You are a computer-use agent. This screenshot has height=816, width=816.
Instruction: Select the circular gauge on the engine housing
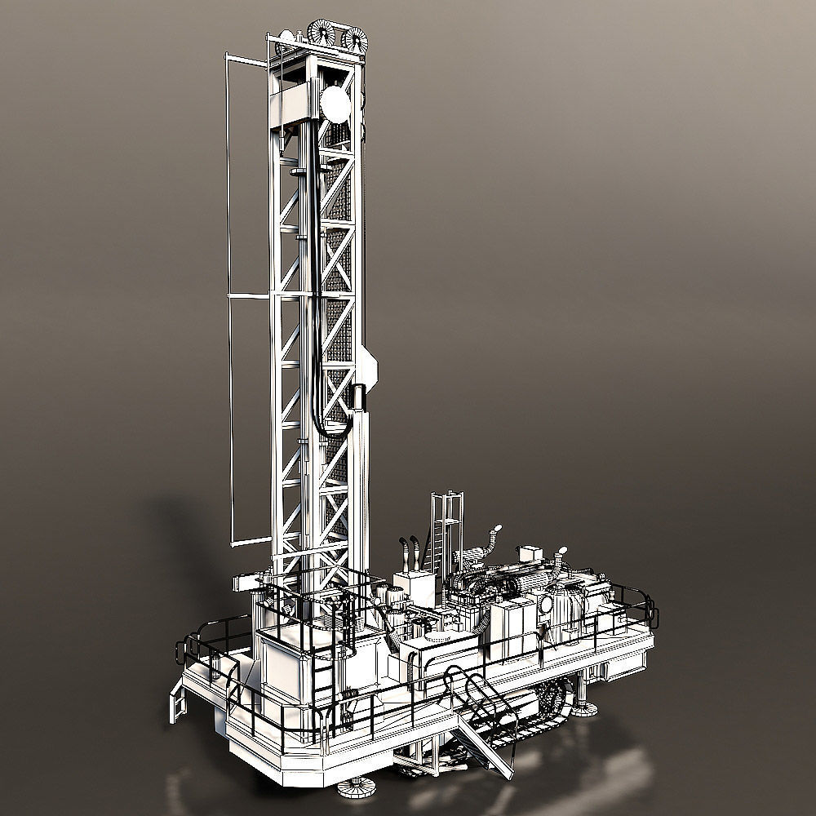pyautogui.click(x=545, y=605)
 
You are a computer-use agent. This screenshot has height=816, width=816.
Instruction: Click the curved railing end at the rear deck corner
pyautogui.click(x=650, y=608)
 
